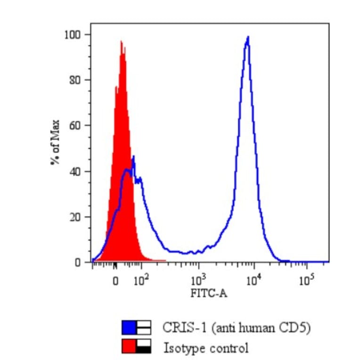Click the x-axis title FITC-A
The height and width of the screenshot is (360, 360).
point(208,294)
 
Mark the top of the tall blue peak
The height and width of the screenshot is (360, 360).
point(247,37)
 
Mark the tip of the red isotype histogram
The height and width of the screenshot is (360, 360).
point(121,41)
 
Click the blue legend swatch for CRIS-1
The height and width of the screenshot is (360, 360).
point(129,327)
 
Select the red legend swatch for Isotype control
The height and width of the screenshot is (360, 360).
point(129,346)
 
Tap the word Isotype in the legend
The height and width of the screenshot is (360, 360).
point(181,349)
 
